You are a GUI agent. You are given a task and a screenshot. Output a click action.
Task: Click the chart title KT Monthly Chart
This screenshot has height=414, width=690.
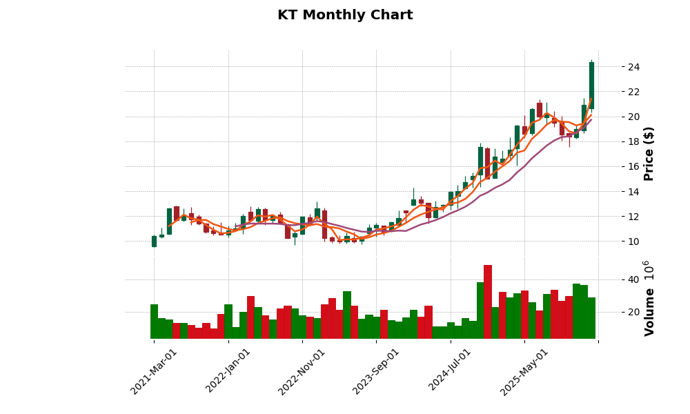345,15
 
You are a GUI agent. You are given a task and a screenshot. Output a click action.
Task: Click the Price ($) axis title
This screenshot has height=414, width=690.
649,153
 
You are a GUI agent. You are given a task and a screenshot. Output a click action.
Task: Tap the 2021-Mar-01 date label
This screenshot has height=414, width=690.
155,371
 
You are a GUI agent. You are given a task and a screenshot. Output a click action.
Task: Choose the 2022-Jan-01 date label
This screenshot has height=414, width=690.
229,371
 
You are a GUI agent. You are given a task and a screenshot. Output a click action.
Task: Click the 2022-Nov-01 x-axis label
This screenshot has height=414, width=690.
303,371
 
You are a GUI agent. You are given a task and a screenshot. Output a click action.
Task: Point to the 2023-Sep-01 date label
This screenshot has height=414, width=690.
377,371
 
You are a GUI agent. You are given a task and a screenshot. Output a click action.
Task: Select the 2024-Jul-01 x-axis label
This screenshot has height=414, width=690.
451,371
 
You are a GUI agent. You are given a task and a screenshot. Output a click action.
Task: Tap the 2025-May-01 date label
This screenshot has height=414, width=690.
525,371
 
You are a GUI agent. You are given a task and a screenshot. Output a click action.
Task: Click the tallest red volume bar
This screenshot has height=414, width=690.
488,302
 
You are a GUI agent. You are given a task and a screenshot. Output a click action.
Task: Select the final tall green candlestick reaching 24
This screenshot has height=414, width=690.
591,86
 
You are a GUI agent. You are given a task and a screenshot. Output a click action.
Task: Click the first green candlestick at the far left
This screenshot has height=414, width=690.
154,241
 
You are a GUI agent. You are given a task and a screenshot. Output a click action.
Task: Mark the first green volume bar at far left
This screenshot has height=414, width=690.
154,322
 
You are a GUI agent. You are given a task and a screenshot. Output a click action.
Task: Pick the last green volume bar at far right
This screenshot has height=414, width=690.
591,318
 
